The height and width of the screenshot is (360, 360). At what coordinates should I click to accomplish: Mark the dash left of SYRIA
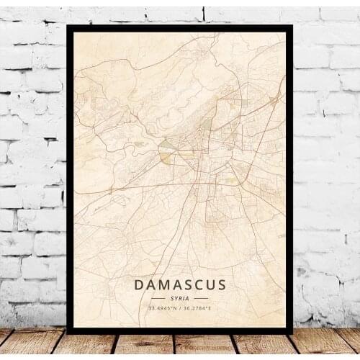160,297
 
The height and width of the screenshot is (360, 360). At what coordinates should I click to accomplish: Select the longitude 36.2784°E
198,308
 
